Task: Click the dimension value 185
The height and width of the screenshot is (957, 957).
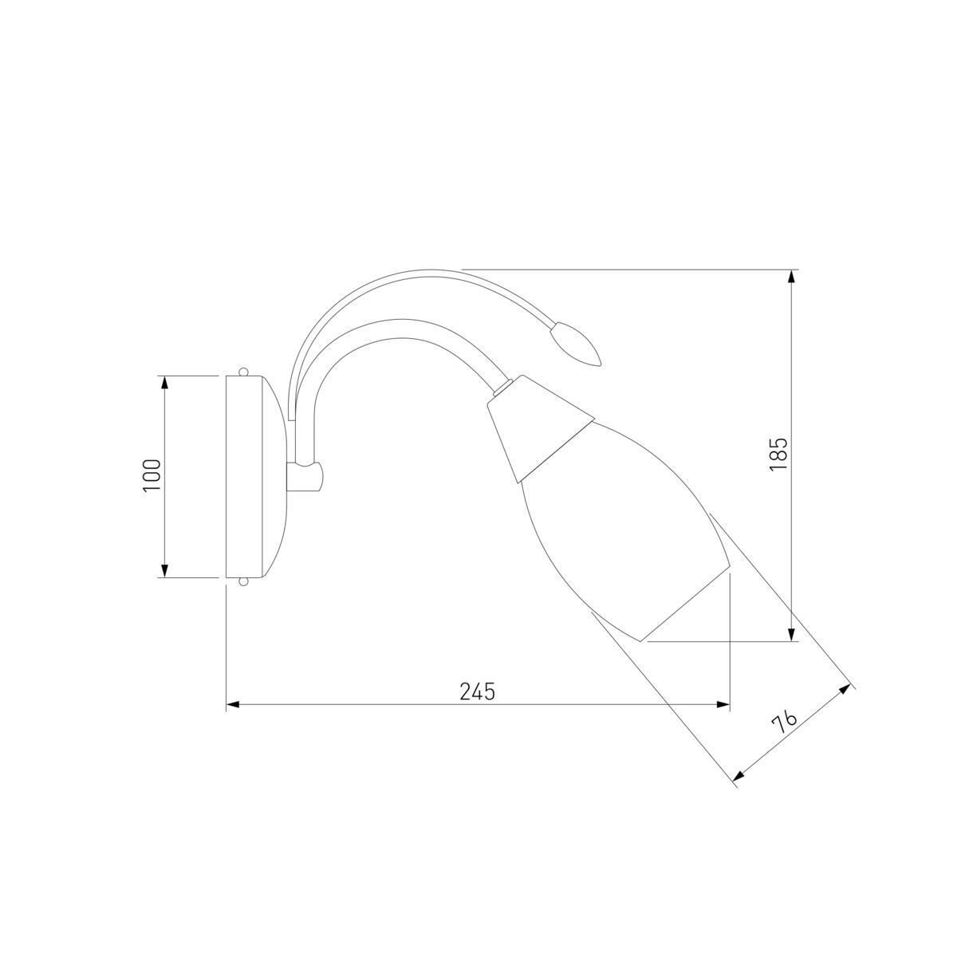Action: point(778,455)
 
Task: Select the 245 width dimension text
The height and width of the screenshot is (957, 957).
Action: point(478,691)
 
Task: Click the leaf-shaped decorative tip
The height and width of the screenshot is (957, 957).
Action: point(577,343)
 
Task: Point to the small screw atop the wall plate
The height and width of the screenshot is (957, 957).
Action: point(243,372)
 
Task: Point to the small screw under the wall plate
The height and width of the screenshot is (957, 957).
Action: point(243,581)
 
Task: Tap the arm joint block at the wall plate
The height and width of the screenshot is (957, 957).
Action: point(305,477)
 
